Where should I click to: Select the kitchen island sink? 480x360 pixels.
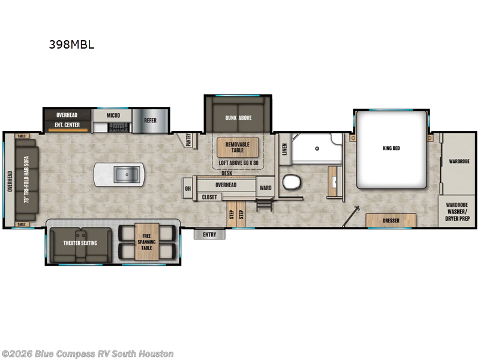(x=127, y=175)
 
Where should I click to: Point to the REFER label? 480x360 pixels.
(x=150, y=121)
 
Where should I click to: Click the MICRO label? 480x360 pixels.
(x=113, y=115)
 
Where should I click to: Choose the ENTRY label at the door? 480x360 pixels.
(x=209, y=235)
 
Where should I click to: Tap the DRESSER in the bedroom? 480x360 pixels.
(x=391, y=220)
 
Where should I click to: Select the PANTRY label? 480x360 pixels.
(x=188, y=140)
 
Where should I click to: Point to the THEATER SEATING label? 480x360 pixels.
(x=80, y=243)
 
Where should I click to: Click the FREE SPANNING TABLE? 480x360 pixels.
(x=147, y=239)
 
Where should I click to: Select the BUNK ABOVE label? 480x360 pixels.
(x=238, y=118)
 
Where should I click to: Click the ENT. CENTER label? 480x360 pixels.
(x=67, y=126)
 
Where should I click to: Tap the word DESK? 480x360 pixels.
(x=226, y=173)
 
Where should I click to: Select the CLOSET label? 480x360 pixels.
(x=209, y=197)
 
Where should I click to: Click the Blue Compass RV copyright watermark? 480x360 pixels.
(x=88, y=353)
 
